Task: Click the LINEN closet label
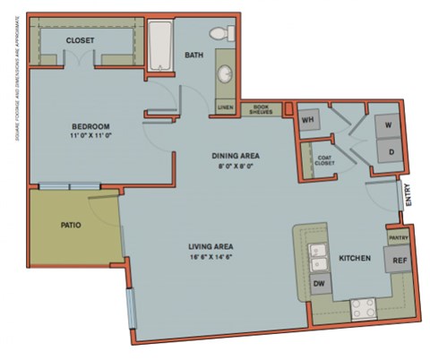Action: tap(225, 109)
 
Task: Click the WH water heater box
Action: tap(309, 119)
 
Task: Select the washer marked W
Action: tap(388, 125)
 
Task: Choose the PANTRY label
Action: tap(398, 237)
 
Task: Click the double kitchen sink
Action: tap(318, 258)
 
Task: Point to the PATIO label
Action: tap(72, 225)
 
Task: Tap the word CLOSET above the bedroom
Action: tap(81, 40)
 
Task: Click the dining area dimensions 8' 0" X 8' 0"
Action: tap(235, 166)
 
